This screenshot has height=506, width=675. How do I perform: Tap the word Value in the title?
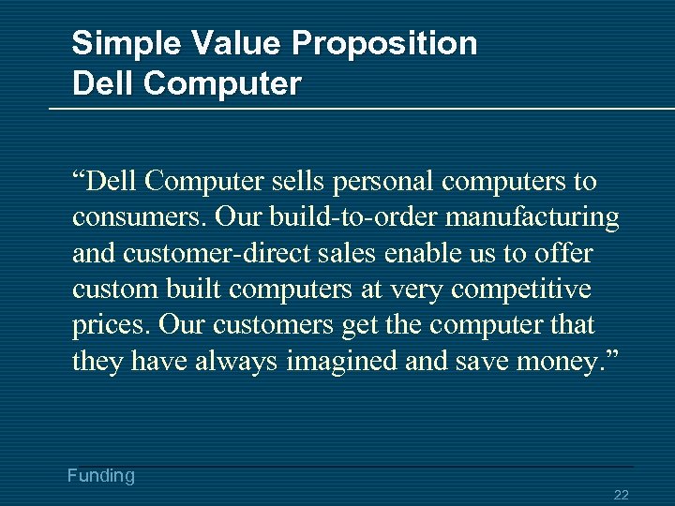coord(233,43)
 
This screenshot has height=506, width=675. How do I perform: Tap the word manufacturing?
coord(532,217)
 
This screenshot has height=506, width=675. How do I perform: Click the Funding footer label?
coord(101,476)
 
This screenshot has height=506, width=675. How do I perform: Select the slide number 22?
coord(621,495)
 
